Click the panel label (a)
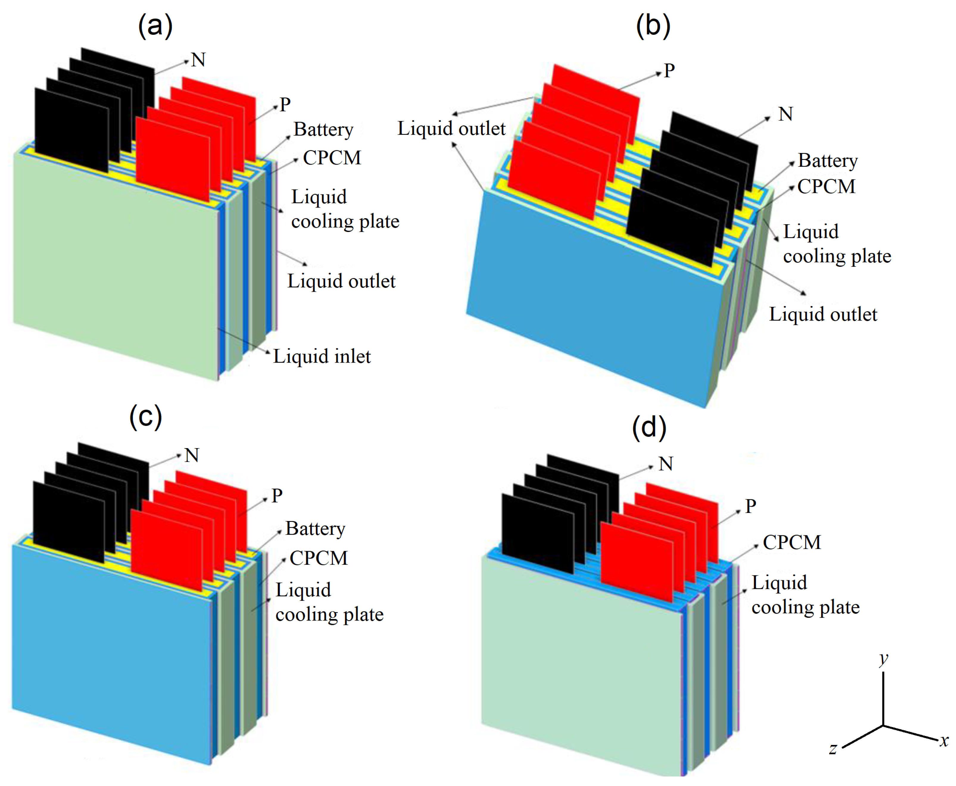coord(155,26)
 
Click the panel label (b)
coord(652,26)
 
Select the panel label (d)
coord(649,428)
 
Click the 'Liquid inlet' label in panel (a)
coord(322,356)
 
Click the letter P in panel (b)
coord(669,71)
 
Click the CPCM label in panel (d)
coord(792,542)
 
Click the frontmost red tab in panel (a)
coord(173,159)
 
